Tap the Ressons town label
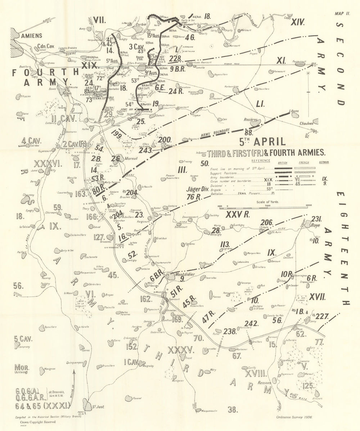point(255,383)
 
